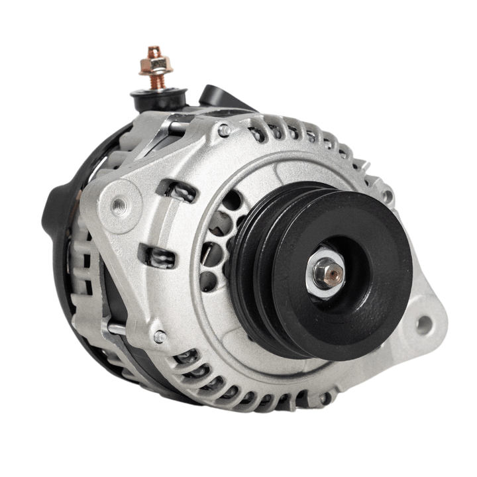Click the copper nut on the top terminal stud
click(x=155, y=64)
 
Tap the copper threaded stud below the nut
click(x=156, y=81)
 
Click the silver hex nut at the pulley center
click(x=325, y=272)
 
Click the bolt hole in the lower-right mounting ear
click(x=423, y=325)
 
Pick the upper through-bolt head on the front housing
click(x=225, y=131)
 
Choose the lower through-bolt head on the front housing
click(x=160, y=337)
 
